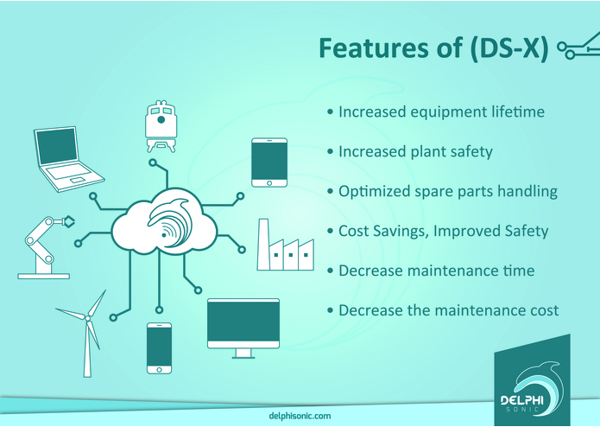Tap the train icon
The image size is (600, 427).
161,126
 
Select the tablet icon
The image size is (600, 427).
268,163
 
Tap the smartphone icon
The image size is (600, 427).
159,347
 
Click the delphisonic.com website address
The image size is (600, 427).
300,416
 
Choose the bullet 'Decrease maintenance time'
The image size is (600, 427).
436,271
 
